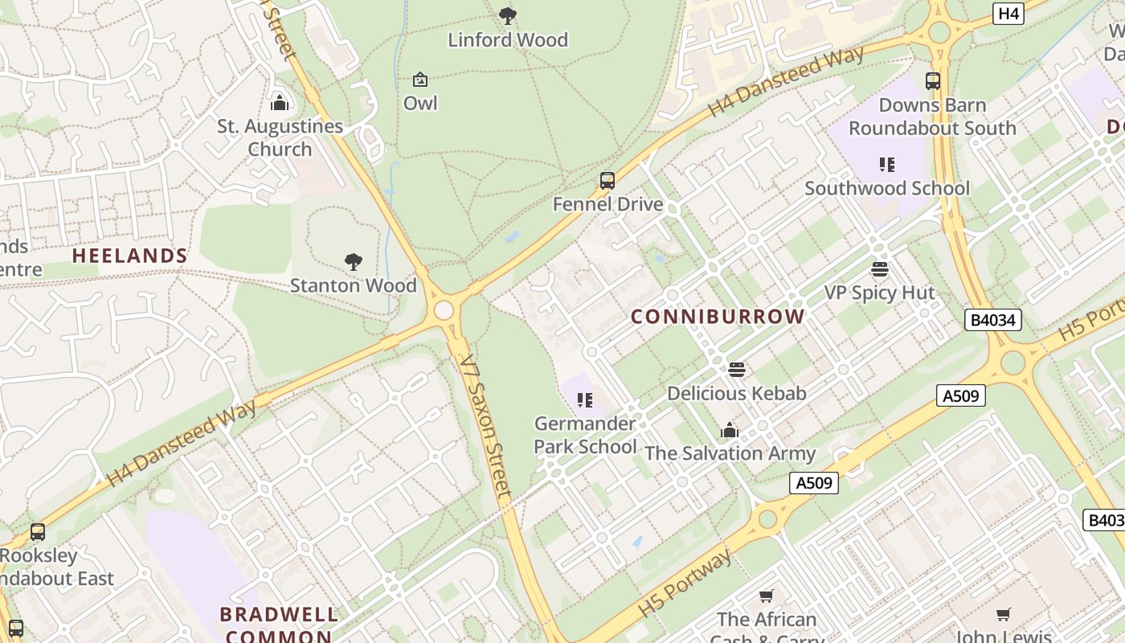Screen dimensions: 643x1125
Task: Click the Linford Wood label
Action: coord(507,39)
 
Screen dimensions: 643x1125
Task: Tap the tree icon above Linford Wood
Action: coord(508,15)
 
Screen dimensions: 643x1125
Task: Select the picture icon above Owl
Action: coord(419,80)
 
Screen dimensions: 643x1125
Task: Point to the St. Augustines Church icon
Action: coord(280,103)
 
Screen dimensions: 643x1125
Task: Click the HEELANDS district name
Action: coord(129,256)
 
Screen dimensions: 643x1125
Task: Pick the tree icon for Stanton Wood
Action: coord(353,261)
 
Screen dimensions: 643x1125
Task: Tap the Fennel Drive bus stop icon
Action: coord(607,181)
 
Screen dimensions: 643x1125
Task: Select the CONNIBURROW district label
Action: coord(718,317)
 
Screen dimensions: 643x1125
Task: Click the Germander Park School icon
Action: coord(585,399)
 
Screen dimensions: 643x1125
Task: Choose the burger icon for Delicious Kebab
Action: coord(736,370)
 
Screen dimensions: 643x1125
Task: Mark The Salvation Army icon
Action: coord(730,430)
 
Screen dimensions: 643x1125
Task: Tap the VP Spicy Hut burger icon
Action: coord(880,269)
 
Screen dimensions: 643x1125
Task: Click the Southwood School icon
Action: coord(887,165)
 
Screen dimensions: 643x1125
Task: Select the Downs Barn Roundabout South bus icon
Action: coord(932,81)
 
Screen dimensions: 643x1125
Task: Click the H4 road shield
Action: coord(1008,14)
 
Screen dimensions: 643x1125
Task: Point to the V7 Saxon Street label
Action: coord(485,426)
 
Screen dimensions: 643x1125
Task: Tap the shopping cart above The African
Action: coord(766,596)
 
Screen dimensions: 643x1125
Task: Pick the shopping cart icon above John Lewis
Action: coord(1003,615)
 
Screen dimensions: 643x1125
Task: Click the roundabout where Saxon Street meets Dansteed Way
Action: coord(444,310)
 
